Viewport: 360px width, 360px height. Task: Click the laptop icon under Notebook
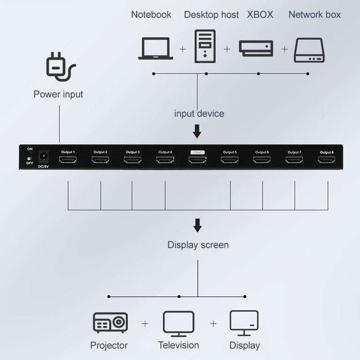pos(156,48)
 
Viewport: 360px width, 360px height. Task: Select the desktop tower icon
pos(205,46)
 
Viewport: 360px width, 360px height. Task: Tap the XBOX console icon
pos(256,48)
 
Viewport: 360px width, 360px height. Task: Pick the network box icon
pos(309,50)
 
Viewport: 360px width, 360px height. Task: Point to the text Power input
pos(58,94)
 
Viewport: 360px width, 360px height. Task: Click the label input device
pos(199,114)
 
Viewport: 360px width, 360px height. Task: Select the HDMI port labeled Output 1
pos(67,160)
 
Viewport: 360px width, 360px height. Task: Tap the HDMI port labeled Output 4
pos(165,160)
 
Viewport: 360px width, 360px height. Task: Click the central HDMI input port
pos(197,160)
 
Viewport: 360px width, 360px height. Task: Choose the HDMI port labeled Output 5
pos(229,160)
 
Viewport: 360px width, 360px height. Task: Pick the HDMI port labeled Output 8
pos(327,160)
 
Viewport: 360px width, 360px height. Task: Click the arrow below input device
pos(197,131)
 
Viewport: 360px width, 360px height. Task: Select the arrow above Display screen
pos(197,225)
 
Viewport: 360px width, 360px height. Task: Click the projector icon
pos(110,323)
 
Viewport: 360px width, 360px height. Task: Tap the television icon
pos(179,323)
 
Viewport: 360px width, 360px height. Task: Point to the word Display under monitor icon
pos(244,345)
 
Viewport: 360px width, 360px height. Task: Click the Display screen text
pos(198,245)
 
